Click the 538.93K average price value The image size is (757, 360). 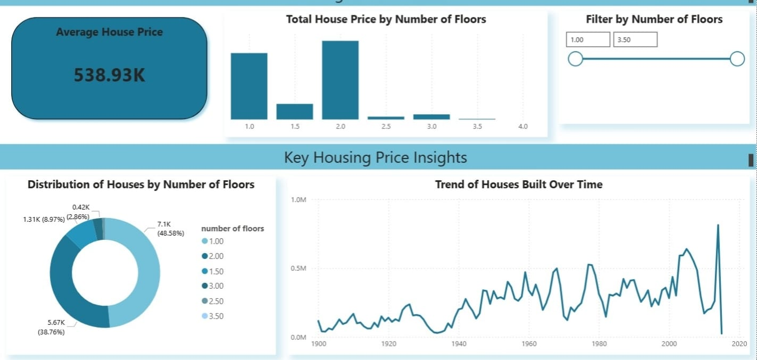pos(109,76)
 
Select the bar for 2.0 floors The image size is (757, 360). pos(340,80)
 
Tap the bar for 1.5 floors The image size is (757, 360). pos(294,112)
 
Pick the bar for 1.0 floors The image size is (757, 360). pos(249,86)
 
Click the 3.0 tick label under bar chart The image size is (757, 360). pos(431,127)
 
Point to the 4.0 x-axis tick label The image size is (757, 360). pos(523,127)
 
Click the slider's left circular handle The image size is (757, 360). pos(575,58)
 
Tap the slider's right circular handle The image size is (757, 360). pos(737,58)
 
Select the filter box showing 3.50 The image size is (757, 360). pos(635,39)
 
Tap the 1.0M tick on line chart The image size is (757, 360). pos(298,199)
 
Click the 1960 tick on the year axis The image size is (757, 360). pos(529,344)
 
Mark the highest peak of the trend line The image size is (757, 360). pos(718,225)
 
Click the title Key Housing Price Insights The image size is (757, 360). pos(376,157)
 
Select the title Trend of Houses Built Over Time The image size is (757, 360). pos(519,185)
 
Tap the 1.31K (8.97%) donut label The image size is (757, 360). pos(44,219)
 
